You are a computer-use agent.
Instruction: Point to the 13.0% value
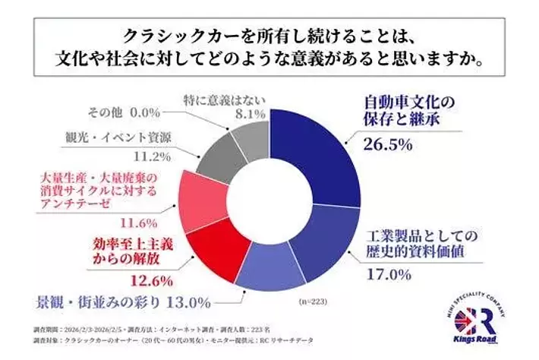[186, 303]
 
